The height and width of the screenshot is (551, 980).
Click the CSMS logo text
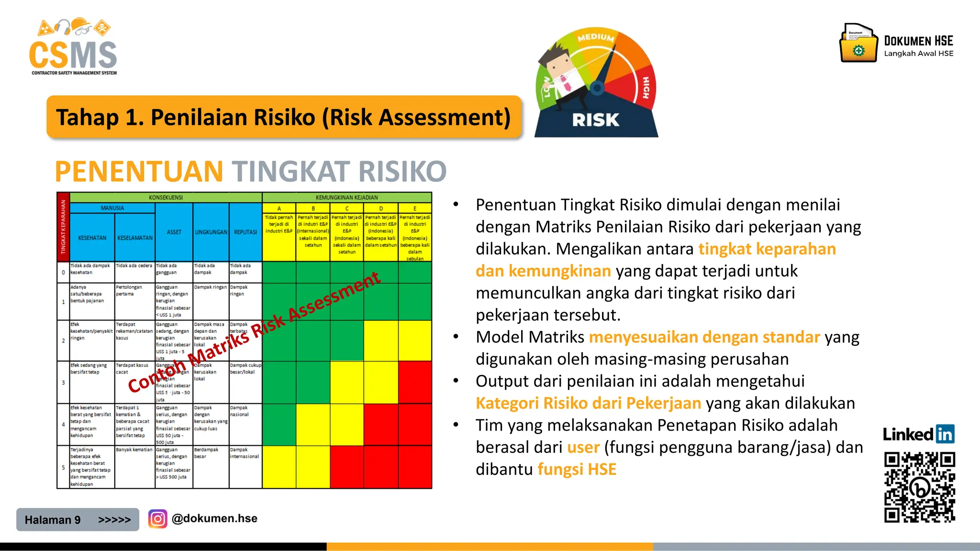(x=73, y=55)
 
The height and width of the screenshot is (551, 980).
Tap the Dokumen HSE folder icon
(x=858, y=44)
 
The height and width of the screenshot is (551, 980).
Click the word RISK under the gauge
(x=595, y=120)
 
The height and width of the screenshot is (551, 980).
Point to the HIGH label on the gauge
(x=646, y=88)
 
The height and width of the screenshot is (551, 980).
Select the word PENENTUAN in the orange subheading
(x=139, y=171)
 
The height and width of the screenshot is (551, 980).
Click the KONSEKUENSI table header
(x=166, y=198)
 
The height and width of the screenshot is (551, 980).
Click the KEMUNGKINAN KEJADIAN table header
(x=346, y=198)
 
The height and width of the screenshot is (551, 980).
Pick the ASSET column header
(x=174, y=232)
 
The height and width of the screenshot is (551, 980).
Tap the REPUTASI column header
(x=245, y=232)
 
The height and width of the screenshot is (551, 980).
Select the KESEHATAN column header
(x=92, y=238)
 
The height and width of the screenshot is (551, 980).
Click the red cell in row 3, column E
(x=415, y=382)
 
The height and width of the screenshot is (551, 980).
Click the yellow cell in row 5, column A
(x=279, y=467)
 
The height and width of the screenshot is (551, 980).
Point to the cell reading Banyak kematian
(x=134, y=450)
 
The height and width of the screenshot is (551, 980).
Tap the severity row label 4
(x=63, y=424)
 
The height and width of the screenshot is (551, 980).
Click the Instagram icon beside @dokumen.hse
(x=157, y=518)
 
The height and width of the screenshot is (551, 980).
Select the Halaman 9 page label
(x=53, y=520)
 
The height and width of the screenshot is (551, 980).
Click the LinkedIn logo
(x=918, y=434)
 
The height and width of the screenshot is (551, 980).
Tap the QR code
(x=919, y=487)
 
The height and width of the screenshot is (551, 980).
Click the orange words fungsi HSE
(x=577, y=469)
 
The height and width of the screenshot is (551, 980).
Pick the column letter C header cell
(x=346, y=209)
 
